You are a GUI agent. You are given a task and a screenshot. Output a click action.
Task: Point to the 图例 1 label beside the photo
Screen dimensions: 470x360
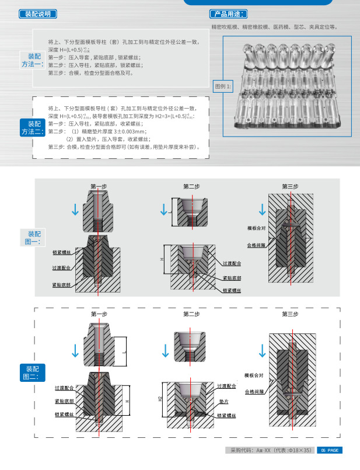223,86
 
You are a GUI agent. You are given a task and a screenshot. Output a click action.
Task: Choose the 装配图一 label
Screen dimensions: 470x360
33,237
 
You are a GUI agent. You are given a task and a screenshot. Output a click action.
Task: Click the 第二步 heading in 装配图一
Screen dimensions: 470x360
191,186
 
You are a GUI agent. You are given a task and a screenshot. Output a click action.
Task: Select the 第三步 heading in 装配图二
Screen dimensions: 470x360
290,314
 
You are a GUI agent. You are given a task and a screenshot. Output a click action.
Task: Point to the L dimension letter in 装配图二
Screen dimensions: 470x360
124,353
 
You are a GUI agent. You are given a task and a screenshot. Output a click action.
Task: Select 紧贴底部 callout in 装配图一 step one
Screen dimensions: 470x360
61,284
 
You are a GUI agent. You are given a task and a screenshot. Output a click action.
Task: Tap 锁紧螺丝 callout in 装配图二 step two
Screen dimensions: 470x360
226,415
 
